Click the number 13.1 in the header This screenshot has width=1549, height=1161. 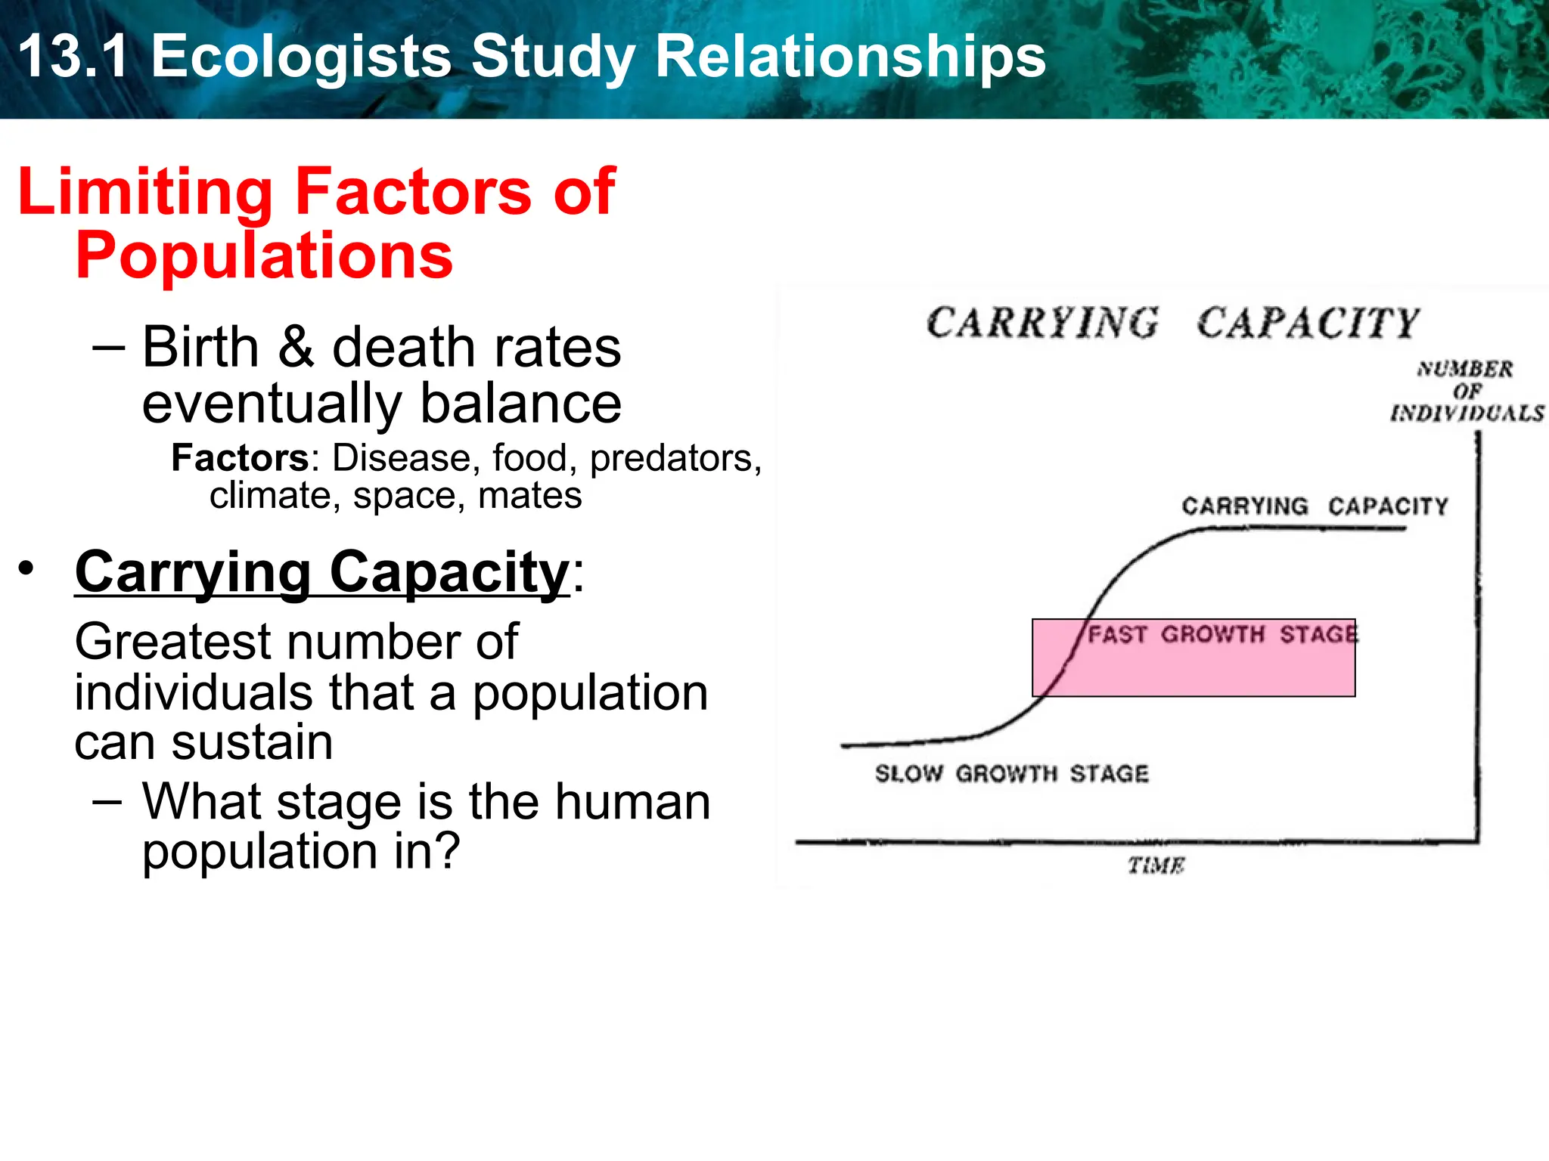(x=73, y=57)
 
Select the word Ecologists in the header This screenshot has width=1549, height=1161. (x=301, y=58)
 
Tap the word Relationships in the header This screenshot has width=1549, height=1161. (x=850, y=57)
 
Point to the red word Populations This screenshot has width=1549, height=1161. (x=264, y=256)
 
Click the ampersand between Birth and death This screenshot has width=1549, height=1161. (x=296, y=348)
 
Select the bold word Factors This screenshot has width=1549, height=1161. (x=240, y=458)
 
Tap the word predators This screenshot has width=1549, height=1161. (x=671, y=458)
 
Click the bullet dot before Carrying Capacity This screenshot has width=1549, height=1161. (x=27, y=568)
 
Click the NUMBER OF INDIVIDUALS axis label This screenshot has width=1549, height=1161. (x=1467, y=391)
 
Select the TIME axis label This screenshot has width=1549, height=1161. (x=1156, y=865)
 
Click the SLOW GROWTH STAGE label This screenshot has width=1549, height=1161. (x=1011, y=773)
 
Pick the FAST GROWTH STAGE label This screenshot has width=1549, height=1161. (x=1222, y=634)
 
